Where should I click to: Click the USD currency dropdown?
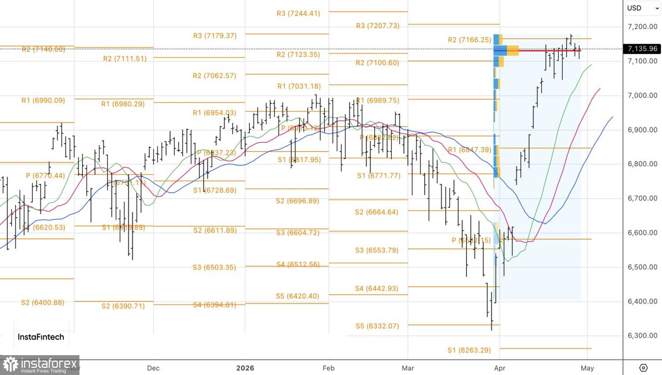click(x=642, y=8)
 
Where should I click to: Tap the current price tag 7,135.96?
click(x=642, y=49)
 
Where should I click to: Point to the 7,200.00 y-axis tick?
click(x=642, y=26)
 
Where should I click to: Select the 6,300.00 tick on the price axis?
click(x=642, y=335)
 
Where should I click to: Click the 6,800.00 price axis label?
click(x=642, y=164)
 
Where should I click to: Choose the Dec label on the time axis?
click(x=153, y=368)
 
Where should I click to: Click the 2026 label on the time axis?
click(x=245, y=368)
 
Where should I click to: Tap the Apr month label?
click(x=500, y=368)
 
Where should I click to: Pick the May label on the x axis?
click(x=587, y=368)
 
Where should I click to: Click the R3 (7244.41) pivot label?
click(x=298, y=13)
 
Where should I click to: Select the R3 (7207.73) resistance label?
click(x=378, y=26)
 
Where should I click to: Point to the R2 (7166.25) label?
click(x=470, y=40)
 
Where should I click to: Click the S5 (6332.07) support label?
click(x=377, y=326)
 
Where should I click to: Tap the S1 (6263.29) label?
click(x=469, y=350)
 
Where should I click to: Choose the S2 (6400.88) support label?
click(x=43, y=302)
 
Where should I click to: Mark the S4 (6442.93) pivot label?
click(x=376, y=289)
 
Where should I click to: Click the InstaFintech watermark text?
click(x=41, y=337)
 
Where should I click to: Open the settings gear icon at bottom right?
click(x=643, y=367)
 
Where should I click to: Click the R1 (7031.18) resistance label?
click(x=299, y=86)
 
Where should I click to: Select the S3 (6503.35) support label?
click(x=214, y=267)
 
